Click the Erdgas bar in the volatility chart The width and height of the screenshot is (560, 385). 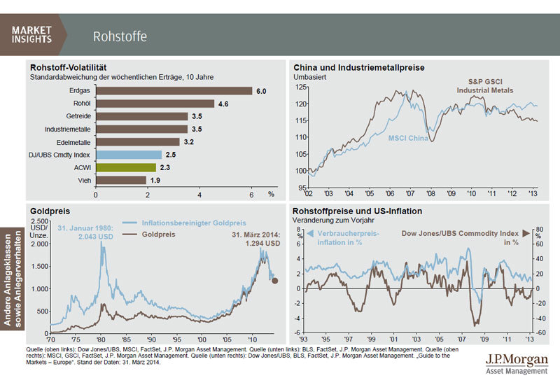point(174,90)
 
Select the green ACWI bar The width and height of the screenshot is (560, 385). point(125,167)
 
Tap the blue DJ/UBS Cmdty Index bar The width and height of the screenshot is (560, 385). point(129,155)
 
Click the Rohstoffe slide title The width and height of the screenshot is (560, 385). point(120,36)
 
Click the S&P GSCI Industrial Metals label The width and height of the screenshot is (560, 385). point(485,86)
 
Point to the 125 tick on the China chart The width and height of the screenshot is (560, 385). point(302,87)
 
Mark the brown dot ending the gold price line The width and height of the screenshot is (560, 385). point(276,280)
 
